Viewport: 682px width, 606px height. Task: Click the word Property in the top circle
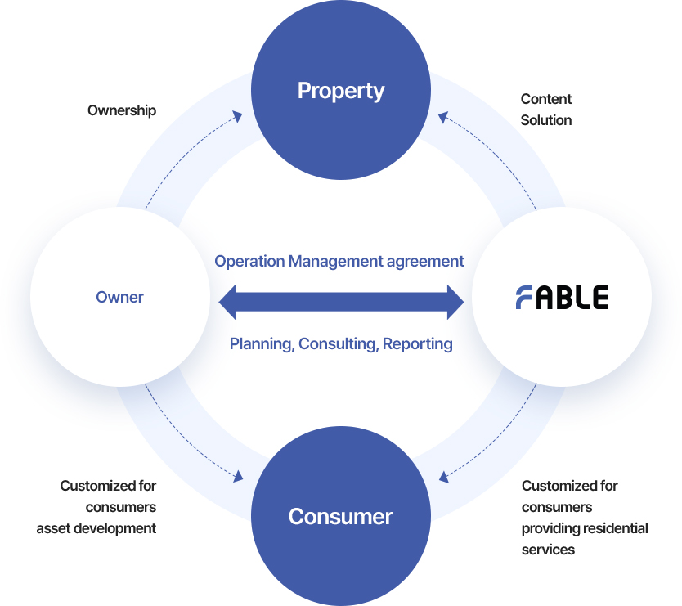[x=340, y=90]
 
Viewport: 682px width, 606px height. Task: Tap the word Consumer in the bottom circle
[x=340, y=517]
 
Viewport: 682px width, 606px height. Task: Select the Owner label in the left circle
[x=119, y=297]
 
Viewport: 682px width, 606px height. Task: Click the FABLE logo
[x=561, y=297]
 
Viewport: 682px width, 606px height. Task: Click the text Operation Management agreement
[x=339, y=262]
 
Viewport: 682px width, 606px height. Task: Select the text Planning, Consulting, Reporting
[x=341, y=343]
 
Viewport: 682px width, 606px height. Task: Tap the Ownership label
[x=122, y=110]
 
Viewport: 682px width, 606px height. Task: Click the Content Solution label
[x=546, y=110]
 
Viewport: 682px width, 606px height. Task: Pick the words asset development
[x=96, y=528]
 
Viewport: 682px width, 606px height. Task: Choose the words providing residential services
[x=584, y=539]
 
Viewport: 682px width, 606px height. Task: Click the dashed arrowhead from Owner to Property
[x=238, y=116]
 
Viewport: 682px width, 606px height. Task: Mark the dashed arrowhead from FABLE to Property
[x=443, y=117]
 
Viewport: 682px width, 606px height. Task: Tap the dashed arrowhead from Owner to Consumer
[x=240, y=475]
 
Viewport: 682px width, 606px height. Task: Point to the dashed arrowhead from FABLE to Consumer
[x=444, y=475]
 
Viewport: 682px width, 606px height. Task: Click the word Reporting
[x=417, y=343]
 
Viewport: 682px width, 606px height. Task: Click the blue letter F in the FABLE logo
[x=524, y=297]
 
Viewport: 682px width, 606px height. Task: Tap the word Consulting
[x=338, y=343]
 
